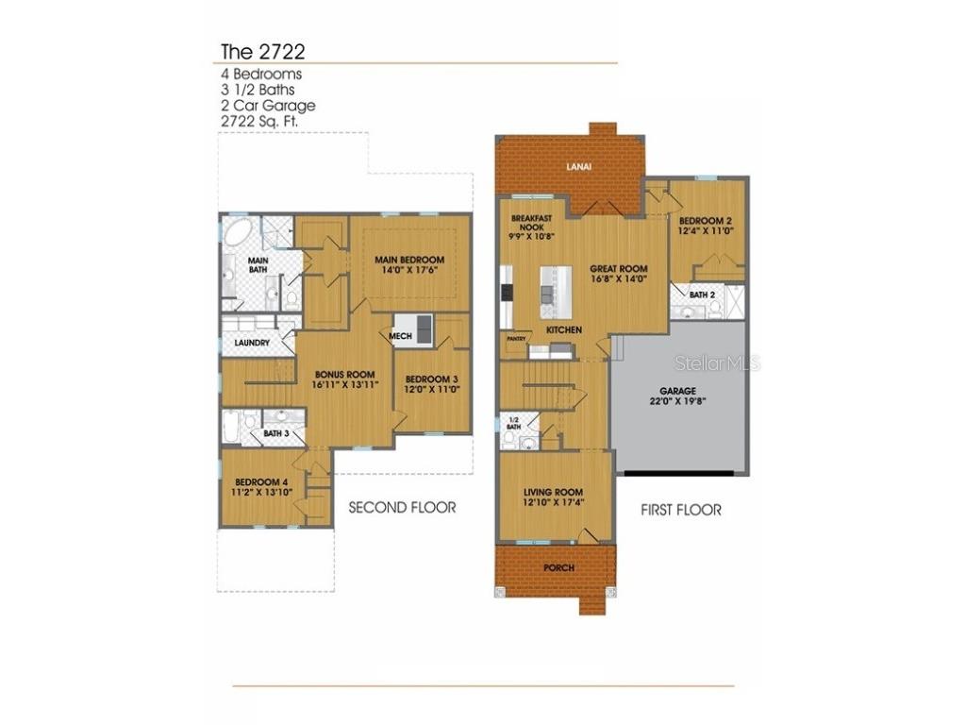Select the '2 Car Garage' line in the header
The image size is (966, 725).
click(x=268, y=106)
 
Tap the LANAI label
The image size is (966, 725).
click(x=578, y=167)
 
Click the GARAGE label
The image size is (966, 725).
click(x=677, y=390)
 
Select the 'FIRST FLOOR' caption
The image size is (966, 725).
click(x=681, y=510)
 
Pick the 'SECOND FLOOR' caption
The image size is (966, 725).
click(x=402, y=507)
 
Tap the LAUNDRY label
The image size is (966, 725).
click(x=252, y=343)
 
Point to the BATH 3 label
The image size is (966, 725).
click(x=276, y=433)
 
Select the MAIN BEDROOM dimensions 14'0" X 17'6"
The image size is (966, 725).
click(x=408, y=271)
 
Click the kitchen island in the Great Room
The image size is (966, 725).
click(x=555, y=291)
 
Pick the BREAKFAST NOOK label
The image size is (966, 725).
click(x=529, y=223)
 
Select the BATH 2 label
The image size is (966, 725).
click(x=702, y=295)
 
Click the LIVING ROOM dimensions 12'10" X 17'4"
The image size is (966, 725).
click(x=554, y=503)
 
